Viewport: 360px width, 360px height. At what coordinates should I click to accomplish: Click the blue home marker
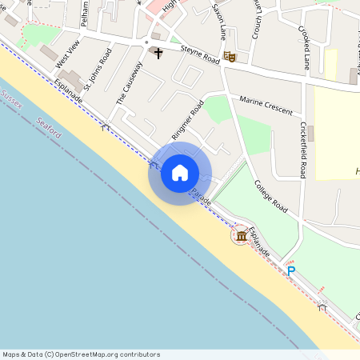pyautogui.click(x=180, y=173)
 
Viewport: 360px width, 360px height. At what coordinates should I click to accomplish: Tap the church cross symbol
pyautogui.click(x=158, y=54)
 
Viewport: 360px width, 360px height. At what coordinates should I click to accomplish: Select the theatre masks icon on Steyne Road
pyautogui.click(x=230, y=56)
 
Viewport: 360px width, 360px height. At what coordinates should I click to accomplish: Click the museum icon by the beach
pyautogui.click(x=241, y=236)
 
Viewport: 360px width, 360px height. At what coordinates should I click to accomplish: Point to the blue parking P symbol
pyautogui.click(x=291, y=271)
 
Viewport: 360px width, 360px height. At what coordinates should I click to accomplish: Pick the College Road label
pyautogui.click(x=271, y=194)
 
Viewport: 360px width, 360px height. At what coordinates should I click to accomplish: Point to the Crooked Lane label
pyautogui.click(x=305, y=46)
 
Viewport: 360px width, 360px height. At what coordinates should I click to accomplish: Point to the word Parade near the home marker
pyautogui.click(x=200, y=197)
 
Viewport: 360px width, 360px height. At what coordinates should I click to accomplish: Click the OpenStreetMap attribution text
pyautogui.click(x=81, y=354)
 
